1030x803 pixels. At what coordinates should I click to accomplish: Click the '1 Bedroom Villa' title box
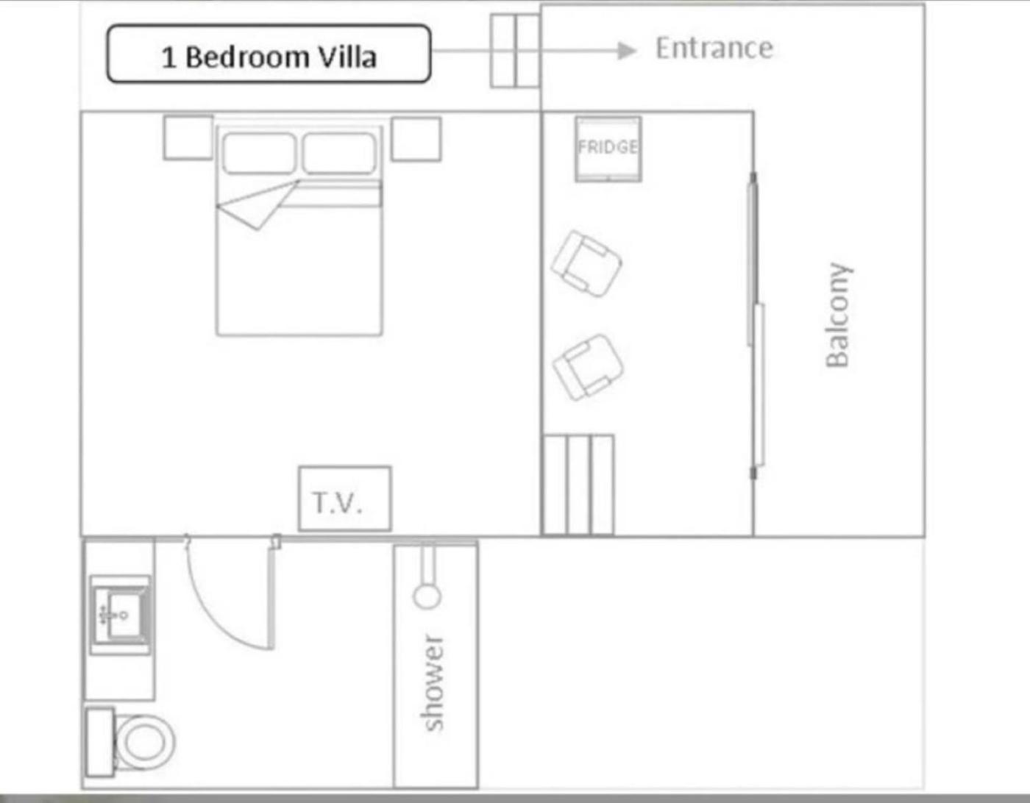[269, 54]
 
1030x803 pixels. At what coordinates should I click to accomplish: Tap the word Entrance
[714, 49]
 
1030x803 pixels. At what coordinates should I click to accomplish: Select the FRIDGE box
[608, 149]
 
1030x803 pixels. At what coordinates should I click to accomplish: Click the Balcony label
[837, 315]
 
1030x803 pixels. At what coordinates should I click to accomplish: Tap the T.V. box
[345, 499]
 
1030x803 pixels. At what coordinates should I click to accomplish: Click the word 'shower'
[433, 682]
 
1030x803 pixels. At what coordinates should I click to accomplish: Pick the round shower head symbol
[427, 596]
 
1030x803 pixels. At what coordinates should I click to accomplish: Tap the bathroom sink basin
[121, 615]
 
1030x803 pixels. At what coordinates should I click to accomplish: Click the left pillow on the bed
[259, 154]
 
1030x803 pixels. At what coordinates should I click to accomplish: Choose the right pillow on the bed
[339, 154]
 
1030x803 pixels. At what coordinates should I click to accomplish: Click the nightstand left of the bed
[188, 138]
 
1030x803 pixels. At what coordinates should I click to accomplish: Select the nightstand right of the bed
[416, 139]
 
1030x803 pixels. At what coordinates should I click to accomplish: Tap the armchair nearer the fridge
[586, 264]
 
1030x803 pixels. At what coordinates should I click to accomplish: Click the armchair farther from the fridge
[588, 367]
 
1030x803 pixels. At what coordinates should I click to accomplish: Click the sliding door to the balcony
[755, 326]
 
